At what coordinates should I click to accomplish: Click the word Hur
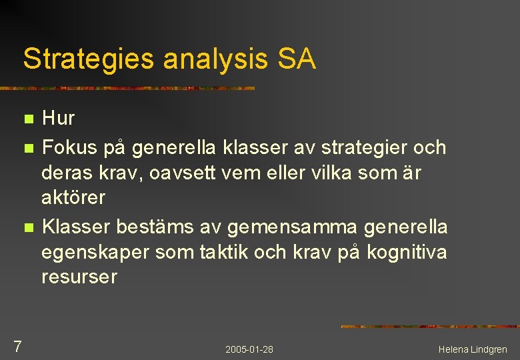pos(58,119)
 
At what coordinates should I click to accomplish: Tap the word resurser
pos(79,277)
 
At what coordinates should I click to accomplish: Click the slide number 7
pos(17,347)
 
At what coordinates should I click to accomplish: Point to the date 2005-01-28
pos(249,349)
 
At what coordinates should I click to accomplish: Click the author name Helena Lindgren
pos(473,349)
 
